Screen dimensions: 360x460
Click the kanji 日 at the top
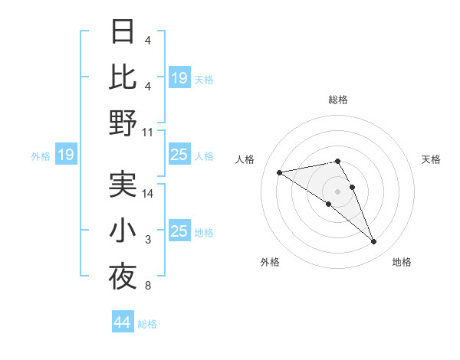(123, 32)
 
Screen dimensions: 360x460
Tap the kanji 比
(123, 77)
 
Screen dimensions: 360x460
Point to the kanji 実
(123, 185)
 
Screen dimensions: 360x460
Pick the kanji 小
(123, 231)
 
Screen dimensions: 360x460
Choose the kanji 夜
(123, 277)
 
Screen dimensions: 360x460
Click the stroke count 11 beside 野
(148, 132)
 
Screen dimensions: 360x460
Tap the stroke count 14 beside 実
(148, 194)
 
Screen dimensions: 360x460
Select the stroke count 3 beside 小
(148, 241)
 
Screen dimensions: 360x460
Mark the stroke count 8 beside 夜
(147, 286)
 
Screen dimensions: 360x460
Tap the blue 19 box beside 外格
(65, 155)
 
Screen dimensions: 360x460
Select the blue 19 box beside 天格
(179, 77)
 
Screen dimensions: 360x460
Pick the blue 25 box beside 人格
(179, 155)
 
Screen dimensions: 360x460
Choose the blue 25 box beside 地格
(179, 231)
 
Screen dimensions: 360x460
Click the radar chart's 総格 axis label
(337, 100)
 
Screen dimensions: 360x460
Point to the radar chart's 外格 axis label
(270, 262)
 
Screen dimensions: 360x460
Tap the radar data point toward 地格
(374, 242)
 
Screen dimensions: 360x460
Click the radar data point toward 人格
(279, 172)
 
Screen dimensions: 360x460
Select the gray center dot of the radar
(337, 191)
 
